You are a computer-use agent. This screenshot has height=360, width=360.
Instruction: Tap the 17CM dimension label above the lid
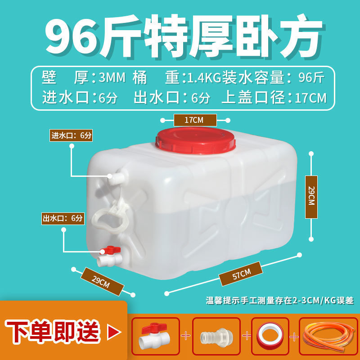pyautogui.click(x=195, y=120)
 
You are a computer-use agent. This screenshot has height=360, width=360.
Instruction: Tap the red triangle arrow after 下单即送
pyautogui.click(x=114, y=332)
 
